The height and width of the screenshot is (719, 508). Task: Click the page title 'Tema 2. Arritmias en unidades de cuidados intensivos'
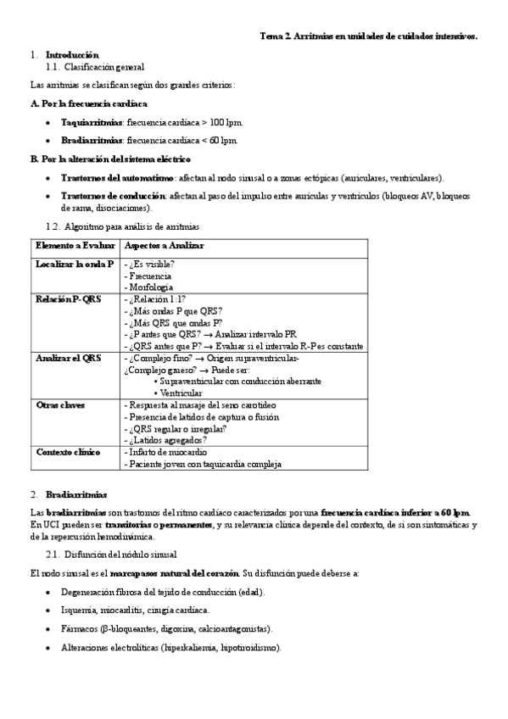368,36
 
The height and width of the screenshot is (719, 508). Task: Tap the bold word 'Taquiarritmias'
92,122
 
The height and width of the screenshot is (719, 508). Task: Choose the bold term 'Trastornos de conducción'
112,196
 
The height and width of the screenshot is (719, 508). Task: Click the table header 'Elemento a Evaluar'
75,246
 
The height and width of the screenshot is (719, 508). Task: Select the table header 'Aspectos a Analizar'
164,246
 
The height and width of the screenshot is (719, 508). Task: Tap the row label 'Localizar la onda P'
75,265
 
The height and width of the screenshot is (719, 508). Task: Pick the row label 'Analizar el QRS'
69,359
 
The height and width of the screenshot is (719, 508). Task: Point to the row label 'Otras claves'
60,405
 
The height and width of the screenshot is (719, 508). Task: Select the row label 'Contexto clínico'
68,452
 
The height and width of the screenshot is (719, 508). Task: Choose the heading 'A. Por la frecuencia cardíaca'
89,103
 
